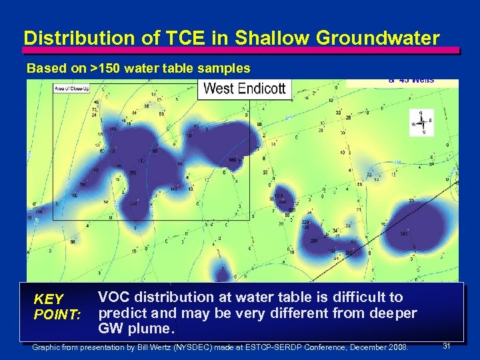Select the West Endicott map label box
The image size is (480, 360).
245,89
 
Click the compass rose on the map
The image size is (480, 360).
421,122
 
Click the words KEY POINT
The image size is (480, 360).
57,307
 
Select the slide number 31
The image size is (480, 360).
447,345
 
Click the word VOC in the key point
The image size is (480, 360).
114,297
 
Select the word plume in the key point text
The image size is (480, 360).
153,329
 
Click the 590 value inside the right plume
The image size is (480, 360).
403,233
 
